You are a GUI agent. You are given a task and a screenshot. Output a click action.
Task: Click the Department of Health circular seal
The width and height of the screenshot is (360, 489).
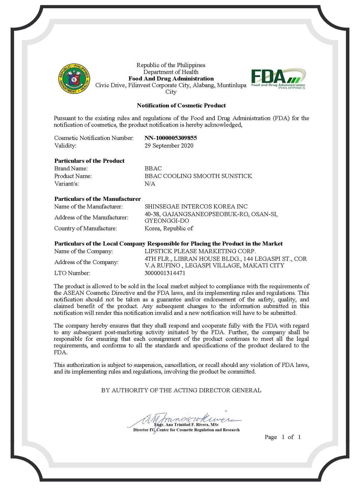point(74,79)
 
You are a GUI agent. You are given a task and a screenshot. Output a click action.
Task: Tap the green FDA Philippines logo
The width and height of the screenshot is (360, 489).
point(278,79)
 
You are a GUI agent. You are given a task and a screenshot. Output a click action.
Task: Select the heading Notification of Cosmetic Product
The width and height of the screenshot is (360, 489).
point(181,106)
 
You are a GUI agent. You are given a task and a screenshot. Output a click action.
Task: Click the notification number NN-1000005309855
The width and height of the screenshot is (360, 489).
point(171,138)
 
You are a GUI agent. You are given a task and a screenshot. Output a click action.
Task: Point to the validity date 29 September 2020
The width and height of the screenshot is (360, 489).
point(169,146)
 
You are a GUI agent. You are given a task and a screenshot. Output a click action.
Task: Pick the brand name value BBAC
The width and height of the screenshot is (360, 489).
point(153,168)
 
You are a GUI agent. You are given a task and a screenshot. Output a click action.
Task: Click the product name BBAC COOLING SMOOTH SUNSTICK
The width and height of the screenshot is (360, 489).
point(198,176)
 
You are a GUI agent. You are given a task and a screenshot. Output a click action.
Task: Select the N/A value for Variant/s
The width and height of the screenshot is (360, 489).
point(150,184)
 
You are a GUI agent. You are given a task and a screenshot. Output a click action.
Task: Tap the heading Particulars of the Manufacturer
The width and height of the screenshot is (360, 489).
point(98,199)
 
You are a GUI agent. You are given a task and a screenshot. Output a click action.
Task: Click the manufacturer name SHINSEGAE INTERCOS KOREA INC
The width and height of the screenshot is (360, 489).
point(196,206)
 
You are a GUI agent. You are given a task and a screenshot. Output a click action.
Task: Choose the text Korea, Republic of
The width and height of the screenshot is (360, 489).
point(169,228)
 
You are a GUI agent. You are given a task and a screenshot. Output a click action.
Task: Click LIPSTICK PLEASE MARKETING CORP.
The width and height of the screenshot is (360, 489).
point(200,251)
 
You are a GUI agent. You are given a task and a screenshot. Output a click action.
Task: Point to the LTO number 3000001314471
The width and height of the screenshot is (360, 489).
point(165,273)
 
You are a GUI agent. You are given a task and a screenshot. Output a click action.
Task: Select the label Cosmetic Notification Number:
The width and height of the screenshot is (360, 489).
point(94,138)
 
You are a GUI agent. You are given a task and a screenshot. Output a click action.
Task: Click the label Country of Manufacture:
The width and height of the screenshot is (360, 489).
point(85,228)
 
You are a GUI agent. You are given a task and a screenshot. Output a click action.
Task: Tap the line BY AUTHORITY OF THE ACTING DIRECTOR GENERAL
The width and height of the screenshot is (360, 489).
point(181,390)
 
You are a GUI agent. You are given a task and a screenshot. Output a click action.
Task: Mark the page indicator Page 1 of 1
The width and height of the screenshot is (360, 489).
point(282,437)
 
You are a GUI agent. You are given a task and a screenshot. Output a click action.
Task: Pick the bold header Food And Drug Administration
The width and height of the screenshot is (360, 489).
point(171,79)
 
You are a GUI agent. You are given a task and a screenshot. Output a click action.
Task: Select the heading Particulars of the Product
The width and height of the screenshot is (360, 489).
point(89,161)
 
